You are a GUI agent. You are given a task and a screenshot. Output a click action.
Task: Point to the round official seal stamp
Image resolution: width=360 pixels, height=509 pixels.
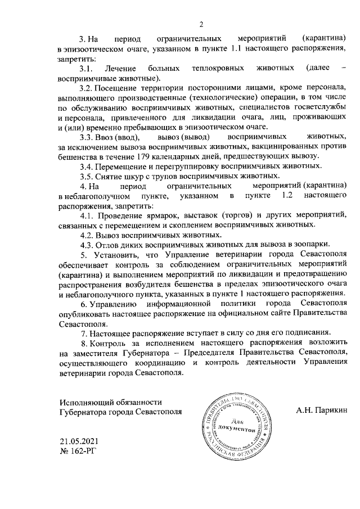235,427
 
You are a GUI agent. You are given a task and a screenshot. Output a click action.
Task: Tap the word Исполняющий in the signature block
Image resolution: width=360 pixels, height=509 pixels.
83,401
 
